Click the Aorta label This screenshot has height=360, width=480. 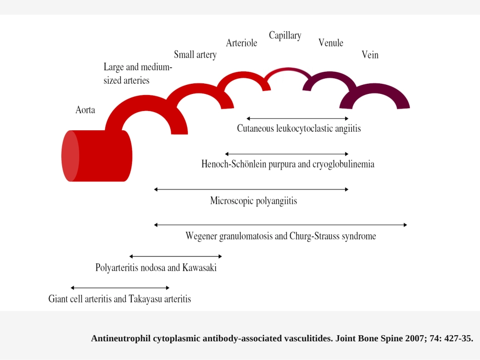pyautogui.click(x=85, y=110)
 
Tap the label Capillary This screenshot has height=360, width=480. pyautogui.click(x=285, y=35)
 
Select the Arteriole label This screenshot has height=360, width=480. pyautogui.click(x=242, y=43)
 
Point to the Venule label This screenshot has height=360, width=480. pyautogui.click(x=330, y=43)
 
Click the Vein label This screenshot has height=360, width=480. pyautogui.click(x=370, y=55)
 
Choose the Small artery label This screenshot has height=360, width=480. pyautogui.click(x=196, y=55)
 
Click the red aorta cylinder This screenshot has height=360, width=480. pyautogui.click(x=97, y=156)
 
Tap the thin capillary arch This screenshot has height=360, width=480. pyautogui.click(x=288, y=69)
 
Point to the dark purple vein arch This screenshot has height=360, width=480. pyautogui.click(x=375, y=87)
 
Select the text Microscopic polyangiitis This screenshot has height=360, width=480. pyautogui.click(x=254, y=201)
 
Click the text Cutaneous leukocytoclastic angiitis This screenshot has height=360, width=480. pyautogui.click(x=299, y=128)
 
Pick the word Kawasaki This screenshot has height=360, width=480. pyautogui.click(x=199, y=268)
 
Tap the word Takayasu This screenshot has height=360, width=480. pyautogui.click(x=145, y=299)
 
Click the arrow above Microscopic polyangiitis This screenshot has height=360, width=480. pyautogui.click(x=251, y=189)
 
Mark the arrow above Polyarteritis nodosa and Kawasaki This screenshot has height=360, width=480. pyautogui.click(x=176, y=256)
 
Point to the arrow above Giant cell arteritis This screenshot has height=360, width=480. pyautogui.click(x=120, y=287)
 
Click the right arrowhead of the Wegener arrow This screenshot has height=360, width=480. pyautogui.click(x=406, y=225)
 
